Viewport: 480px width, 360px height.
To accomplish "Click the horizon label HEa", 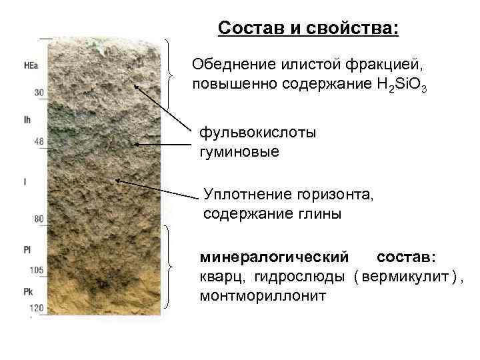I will coord(30,65).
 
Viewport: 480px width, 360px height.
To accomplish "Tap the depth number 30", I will coord(39,93).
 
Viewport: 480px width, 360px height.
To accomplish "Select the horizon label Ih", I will coord(27,121).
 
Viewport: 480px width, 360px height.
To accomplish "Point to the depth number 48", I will coord(39,141).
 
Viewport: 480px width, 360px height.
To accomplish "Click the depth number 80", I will coord(39,219).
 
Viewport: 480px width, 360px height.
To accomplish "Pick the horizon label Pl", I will coord(27,249).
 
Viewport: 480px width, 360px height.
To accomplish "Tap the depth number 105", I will coord(36,270).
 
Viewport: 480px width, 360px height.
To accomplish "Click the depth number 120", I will coord(36,308).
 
